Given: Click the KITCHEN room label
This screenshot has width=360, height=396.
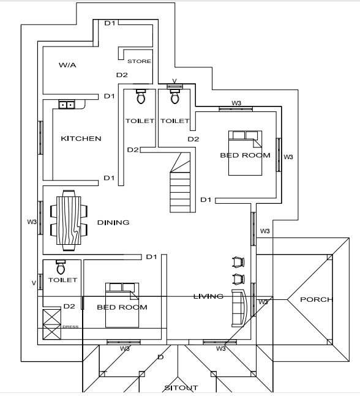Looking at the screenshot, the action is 81,138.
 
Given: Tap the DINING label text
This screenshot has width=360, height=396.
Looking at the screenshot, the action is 113,223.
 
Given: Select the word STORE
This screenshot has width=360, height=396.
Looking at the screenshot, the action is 139,61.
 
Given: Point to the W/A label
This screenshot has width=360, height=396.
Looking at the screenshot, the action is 67,65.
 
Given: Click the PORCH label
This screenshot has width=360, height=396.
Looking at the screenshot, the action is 316,299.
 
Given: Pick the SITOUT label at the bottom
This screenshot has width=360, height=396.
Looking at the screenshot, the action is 181,387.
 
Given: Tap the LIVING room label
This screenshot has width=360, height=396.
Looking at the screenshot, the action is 208,296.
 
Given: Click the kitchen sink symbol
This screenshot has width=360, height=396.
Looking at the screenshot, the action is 67,105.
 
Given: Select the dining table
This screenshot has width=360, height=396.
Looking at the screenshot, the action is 69,221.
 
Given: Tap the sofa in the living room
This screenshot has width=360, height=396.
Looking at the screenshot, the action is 239,308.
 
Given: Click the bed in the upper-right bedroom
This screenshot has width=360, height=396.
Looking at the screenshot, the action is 245,153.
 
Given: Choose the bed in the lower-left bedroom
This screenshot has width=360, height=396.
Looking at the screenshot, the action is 122,305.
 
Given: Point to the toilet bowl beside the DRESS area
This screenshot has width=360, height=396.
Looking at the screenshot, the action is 61,267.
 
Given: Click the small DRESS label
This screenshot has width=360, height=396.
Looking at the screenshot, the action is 70,327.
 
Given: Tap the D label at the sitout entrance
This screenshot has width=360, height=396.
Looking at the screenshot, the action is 160,357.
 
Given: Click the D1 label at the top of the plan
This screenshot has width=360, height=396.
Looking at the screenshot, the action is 110,23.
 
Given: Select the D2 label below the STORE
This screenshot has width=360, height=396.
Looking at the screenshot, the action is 122,75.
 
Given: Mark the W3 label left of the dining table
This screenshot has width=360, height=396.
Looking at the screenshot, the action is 32,222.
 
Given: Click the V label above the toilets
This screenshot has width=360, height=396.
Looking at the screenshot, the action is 174,81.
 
